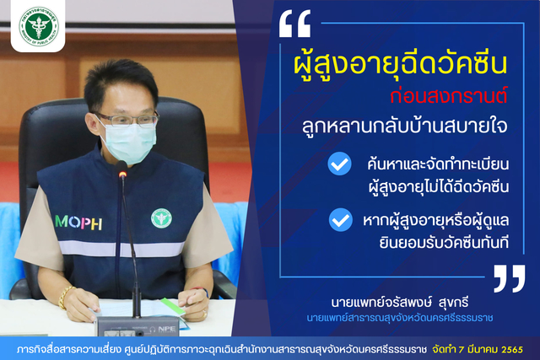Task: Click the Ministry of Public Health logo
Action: click(x=39, y=26)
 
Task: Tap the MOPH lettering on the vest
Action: click(x=78, y=223)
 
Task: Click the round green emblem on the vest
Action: click(x=161, y=218)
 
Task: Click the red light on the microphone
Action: click(x=122, y=175)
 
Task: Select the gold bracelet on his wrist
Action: click(x=64, y=297)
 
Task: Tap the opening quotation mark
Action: click(x=294, y=24)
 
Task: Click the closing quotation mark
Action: click(x=510, y=278)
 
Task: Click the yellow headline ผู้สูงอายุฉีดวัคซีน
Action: click(x=401, y=64)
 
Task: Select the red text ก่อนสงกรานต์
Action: click(x=449, y=96)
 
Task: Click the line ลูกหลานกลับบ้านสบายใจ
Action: click(x=405, y=126)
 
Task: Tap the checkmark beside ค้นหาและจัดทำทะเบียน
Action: click(x=339, y=164)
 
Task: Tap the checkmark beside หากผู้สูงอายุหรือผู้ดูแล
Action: click(x=341, y=220)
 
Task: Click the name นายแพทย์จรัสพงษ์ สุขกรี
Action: click(x=399, y=303)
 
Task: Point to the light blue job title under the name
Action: click(x=399, y=317)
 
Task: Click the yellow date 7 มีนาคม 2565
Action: click(x=491, y=350)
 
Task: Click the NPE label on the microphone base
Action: click(x=167, y=329)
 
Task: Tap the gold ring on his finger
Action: click(x=205, y=313)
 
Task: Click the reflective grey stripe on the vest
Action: click(x=121, y=249)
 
